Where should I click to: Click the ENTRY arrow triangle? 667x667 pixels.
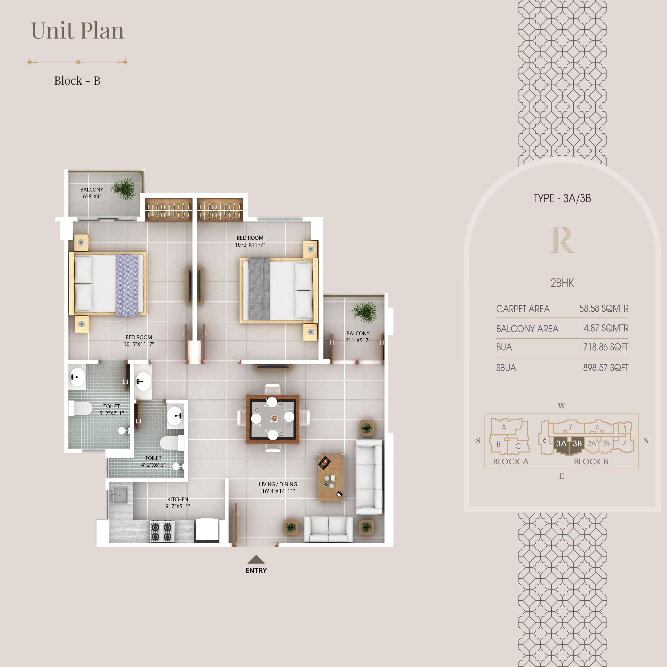pos(256,559)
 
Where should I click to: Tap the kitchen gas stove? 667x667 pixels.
pos(162,531)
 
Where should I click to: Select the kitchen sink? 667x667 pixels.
pos(120,495)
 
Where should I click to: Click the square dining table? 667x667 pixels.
pos(272,419)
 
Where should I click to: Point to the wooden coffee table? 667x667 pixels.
pos(331,478)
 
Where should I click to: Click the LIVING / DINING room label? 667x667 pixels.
pos(278,484)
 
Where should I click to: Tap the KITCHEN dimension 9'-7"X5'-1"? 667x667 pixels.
pos(178,506)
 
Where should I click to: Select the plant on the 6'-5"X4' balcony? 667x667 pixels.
pos(123,189)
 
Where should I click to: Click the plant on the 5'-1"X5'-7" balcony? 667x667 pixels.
pos(364,312)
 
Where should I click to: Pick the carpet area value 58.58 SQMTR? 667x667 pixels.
pos(604,308)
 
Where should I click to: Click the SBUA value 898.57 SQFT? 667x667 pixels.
pos(606,368)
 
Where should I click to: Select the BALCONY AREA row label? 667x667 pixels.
pos(527,328)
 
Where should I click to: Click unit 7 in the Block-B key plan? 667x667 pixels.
pos(570,427)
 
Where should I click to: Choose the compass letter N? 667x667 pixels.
pos(646,441)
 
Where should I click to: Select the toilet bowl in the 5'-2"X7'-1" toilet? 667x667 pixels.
pos(80,409)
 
